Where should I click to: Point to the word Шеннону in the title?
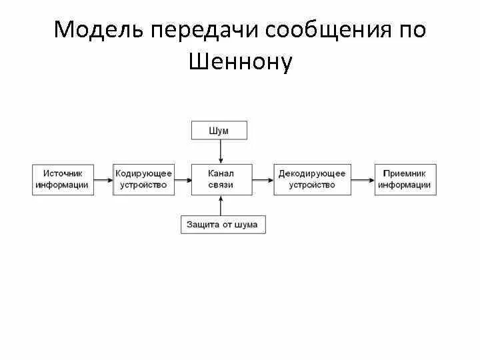[x=241, y=62]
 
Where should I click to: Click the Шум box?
[x=219, y=131]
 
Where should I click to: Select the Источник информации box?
[x=62, y=179]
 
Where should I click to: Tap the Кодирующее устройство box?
[x=143, y=179]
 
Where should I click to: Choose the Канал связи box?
[x=221, y=179]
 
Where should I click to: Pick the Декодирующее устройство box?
[x=312, y=179]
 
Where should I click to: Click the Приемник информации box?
[x=405, y=179]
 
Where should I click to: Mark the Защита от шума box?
[x=223, y=225]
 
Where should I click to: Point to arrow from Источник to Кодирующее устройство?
[x=102, y=179]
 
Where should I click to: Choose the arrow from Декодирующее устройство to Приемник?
[x=363, y=179]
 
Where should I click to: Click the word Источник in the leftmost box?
[x=62, y=173]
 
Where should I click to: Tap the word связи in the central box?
[x=221, y=185]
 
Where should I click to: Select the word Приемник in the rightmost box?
[x=405, y=173]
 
